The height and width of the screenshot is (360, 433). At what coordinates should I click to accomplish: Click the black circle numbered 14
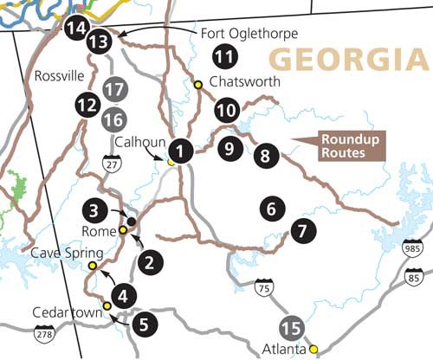pos(75,29)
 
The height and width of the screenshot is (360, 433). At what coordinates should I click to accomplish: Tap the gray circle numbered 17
pos(113,89)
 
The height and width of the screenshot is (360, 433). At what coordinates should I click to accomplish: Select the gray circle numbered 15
pos(293,329)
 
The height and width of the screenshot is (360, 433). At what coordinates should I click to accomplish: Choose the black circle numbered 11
pos(225,59)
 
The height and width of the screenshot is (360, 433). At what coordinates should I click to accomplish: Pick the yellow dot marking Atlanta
pos(314,350)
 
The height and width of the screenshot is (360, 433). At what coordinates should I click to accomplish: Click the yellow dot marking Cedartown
pos(107,305)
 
